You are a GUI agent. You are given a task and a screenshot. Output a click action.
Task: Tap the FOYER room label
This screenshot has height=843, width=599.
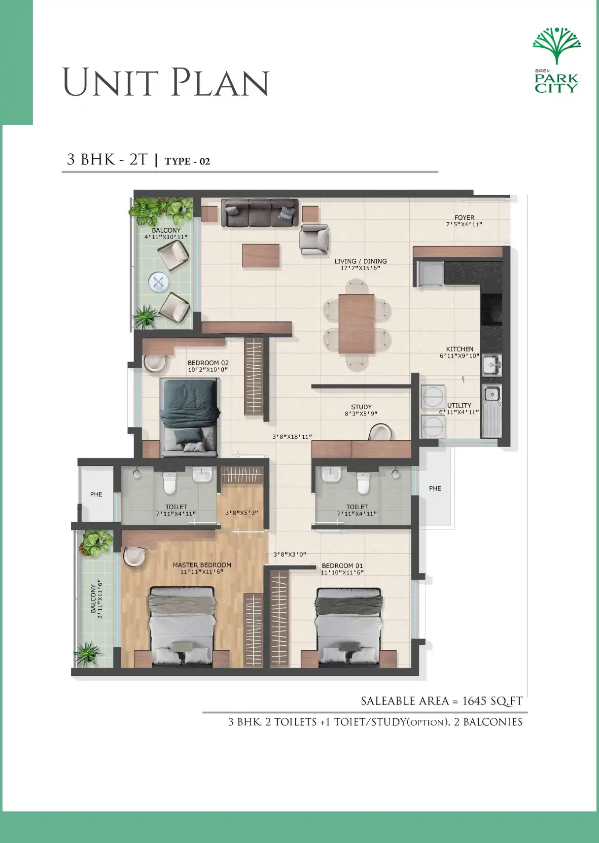464,217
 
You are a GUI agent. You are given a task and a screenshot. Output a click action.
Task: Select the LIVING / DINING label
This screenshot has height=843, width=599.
360,261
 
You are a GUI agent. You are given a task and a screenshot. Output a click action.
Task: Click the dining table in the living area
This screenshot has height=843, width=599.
356,323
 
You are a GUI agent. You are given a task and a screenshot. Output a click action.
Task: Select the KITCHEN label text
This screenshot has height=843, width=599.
459,349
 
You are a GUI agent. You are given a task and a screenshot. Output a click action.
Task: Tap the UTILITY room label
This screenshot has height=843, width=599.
459,405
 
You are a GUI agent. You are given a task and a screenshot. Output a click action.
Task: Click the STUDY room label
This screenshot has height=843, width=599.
361,407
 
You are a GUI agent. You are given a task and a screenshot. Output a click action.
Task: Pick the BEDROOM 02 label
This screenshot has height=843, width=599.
208,363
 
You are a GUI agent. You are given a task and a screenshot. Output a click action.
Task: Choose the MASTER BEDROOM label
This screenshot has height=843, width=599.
202,565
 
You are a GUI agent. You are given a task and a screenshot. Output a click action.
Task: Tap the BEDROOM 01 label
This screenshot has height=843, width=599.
342,566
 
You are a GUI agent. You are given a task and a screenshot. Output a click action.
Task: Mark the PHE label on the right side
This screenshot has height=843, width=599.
435,489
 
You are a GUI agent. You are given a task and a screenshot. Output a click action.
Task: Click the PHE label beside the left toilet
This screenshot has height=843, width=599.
96,494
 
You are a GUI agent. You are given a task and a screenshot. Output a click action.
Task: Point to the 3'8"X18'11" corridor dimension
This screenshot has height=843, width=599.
292,437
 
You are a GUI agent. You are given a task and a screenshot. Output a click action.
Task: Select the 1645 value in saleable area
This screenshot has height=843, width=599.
474,701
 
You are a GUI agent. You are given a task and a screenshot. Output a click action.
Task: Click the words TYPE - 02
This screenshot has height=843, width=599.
187,161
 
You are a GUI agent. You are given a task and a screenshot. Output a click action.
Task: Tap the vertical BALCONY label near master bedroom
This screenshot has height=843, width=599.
93,598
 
